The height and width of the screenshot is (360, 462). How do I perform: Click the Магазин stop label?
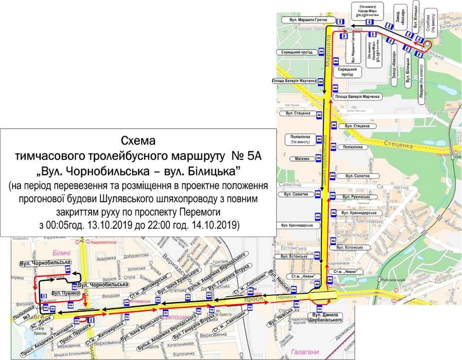(299, 159)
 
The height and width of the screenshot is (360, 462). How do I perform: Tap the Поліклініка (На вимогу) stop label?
(299, 140)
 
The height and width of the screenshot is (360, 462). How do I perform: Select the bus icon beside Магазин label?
(318, 159)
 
